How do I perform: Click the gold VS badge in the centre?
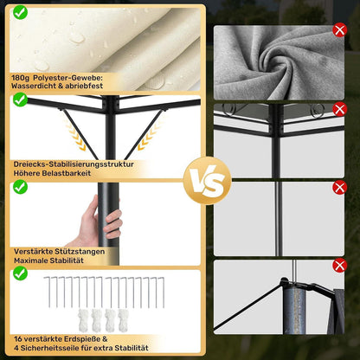tap(207, 181)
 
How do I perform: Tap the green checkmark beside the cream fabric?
tap(20, 12)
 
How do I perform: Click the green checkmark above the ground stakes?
tap(20, 273)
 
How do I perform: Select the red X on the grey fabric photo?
tap(339, 30)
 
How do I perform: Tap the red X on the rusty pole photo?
tap(339, 266)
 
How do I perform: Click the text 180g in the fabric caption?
tap(21, 78)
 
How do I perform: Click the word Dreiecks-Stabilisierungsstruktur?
tap(74, 164)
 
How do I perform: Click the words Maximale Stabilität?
tap(48, 260)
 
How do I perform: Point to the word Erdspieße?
tap(82, 339)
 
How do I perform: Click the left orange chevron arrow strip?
tap(75, 135)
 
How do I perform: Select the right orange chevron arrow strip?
tap(149, 135)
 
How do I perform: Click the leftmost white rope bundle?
tap(83, 320)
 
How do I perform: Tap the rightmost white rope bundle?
tap(123, 320)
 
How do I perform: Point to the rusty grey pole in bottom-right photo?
tap(294, 310)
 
